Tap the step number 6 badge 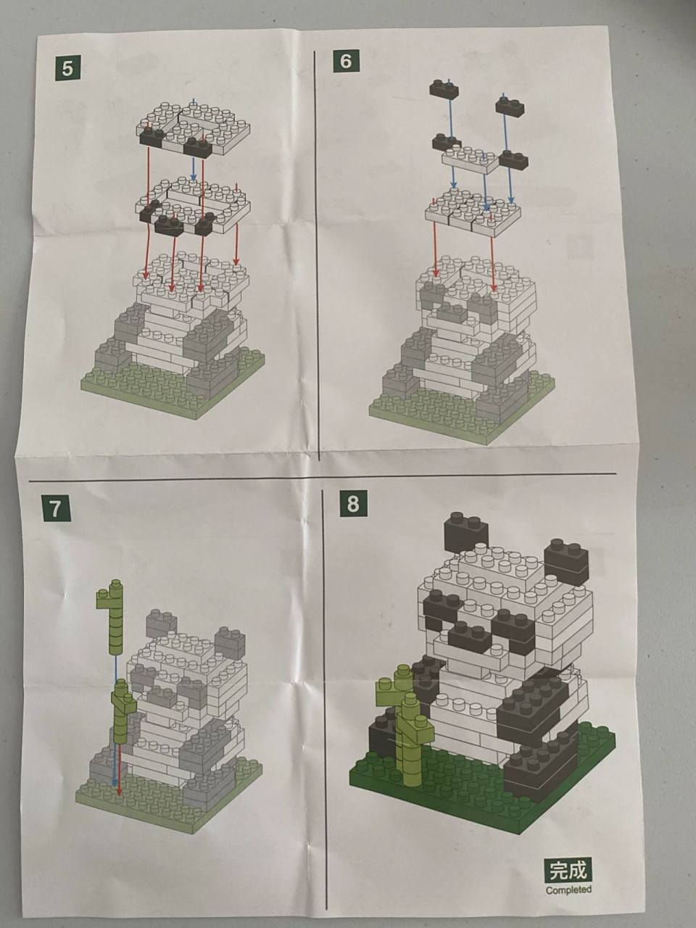pyautogui.click(x=345, y=61)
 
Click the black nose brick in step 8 pyautogui.click(x=471, y=639)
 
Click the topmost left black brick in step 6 pyautogui.click(x=444, y=88)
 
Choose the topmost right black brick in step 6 pyautogui.click(x=510, y=105)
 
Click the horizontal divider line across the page pyautogui.click(x=322, y=477)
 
